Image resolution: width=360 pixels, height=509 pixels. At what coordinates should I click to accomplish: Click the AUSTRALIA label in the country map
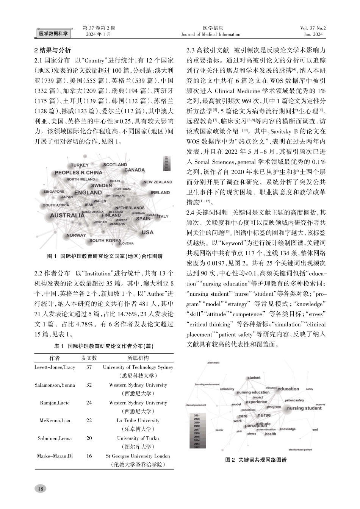coord(67,215)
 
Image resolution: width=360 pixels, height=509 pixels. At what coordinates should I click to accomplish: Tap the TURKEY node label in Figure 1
coord(80,165)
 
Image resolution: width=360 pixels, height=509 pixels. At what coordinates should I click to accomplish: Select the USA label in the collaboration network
coord(147,232)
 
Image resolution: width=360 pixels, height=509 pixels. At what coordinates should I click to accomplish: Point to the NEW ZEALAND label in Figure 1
coord(158,182)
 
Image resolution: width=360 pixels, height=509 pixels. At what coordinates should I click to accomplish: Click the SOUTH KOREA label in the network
coord(105,240)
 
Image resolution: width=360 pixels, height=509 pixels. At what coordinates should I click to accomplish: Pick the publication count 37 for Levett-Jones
coord(89,367)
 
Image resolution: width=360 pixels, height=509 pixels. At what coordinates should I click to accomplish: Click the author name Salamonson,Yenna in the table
coord(55,385)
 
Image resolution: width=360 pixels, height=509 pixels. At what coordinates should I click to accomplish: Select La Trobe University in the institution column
coord(138,420)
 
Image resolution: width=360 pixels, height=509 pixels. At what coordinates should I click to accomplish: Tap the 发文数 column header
coord(89,358)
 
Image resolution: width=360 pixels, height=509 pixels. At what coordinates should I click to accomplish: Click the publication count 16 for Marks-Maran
coord(89,456)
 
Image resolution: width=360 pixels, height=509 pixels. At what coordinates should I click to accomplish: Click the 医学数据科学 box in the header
coord(53,34)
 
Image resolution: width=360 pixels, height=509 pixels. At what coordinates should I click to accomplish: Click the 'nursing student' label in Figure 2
coord(304,408)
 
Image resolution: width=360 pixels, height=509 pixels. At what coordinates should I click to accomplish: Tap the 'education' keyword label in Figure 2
coord(288,389)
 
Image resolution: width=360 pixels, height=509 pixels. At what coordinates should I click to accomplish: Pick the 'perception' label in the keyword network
coord(257,426)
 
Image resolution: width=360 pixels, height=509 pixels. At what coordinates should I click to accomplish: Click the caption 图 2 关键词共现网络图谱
coord(256,460)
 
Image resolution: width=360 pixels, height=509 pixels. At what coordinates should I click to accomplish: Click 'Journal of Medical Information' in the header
coord(211,34)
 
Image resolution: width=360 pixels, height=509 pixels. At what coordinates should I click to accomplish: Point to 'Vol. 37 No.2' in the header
coord(313,28)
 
